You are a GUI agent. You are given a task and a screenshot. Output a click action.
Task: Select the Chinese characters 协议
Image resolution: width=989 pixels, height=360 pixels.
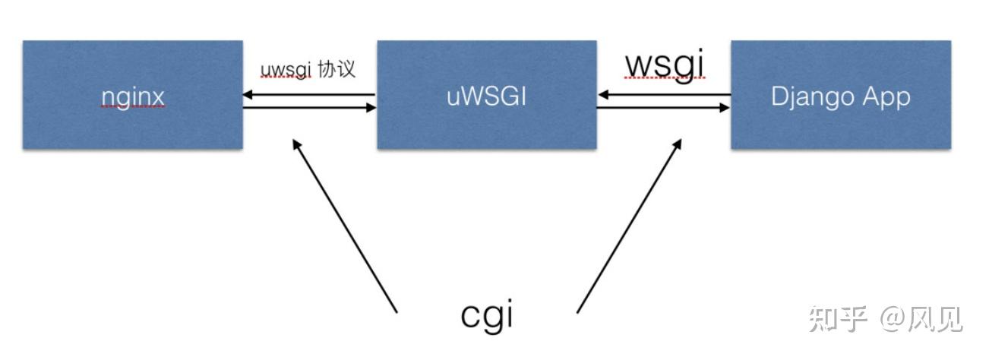pos(339,69)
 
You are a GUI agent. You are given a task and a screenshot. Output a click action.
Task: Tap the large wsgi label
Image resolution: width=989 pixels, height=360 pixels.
pos(665,65)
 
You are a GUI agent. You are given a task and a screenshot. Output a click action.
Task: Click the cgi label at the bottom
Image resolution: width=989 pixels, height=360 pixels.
pos(487,314)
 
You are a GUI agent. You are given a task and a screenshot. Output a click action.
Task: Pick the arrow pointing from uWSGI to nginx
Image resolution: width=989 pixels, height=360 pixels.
pos(309,96)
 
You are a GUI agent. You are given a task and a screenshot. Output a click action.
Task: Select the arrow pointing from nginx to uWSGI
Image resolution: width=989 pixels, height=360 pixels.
pos(309,108)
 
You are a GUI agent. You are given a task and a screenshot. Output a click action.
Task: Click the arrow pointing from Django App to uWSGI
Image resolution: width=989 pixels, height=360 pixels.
pos(664,96)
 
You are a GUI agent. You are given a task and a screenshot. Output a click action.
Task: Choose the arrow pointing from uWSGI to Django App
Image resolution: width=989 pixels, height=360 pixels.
pos(664,108)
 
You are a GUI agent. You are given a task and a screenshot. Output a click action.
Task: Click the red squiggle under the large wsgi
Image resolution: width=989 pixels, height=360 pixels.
pos(665,78)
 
